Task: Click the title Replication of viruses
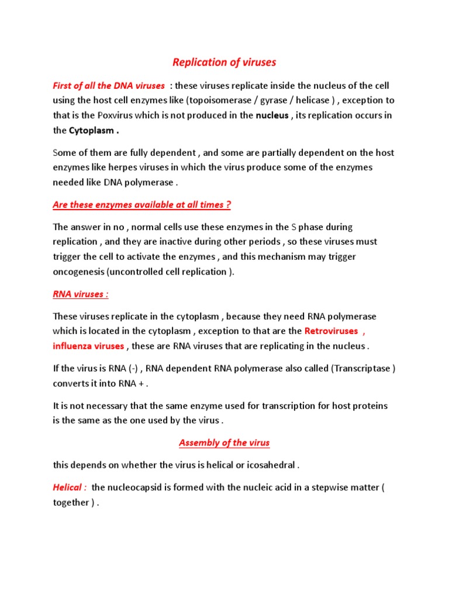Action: pos(224,62)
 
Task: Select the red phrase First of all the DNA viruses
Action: pos(108,86)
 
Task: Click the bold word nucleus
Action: pos(272,115)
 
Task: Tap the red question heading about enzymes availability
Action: pos(142,204)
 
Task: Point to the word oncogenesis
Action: pos(78,272)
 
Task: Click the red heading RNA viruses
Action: pos(80,294)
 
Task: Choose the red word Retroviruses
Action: pos(330,331)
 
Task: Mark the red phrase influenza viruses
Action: pos(88,346)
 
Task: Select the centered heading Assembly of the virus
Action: pos(224,443)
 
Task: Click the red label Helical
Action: pos(70,488)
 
